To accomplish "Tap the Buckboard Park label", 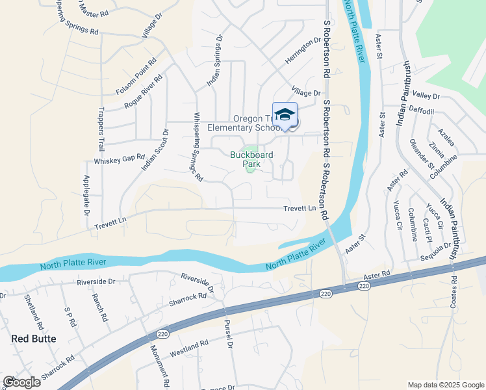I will [x=251, y=159].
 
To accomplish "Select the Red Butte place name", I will [x=34, y=339].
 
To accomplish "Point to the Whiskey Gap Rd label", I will [x=119, y=159].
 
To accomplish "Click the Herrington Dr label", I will [x=303, y=51].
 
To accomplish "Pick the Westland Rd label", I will [x=188, y=348].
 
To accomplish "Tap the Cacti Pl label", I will [x=428, y=229].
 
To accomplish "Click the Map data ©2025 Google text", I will [x=445, y=385].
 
